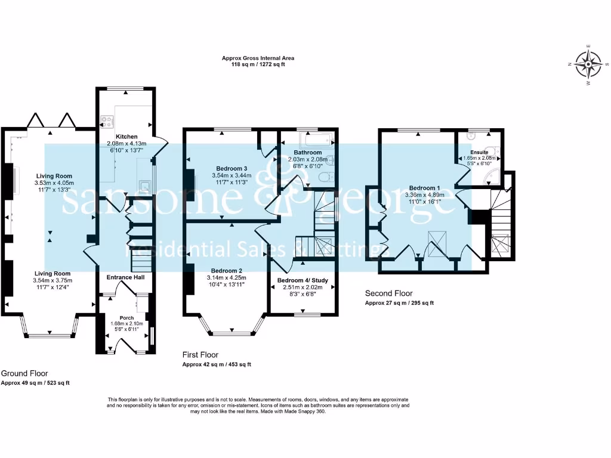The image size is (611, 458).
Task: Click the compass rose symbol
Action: click(x=590, y=64)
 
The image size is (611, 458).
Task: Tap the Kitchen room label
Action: click(x=126, y=137)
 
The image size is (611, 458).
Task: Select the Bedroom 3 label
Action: click(x=232, y=168)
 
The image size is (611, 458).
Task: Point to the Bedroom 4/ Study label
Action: click(x=303, y=280)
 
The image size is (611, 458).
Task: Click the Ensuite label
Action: click(x=479, y=153)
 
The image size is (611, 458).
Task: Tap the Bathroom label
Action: click(x=307, y=153)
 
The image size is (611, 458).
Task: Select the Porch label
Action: click(x=126, y=317)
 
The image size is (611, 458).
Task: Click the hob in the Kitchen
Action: click(x=107, y=122)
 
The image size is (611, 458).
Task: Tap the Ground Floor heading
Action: click(x=24, y=373)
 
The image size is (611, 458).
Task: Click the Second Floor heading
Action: click(x=389, y=293)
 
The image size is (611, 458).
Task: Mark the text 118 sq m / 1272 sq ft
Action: click(x=258, y=65)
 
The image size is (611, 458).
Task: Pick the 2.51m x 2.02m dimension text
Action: click(x=303, y=287)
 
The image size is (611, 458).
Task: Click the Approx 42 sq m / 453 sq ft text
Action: click(x=217, y=364)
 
